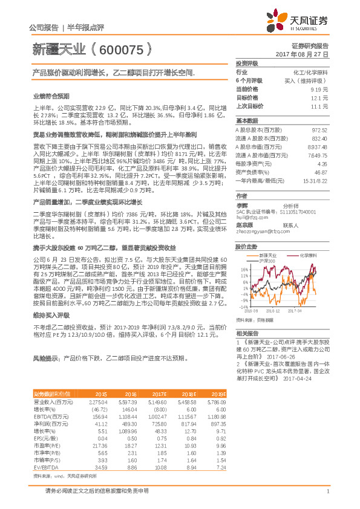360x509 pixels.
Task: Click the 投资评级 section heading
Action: [x=247, y=63]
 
